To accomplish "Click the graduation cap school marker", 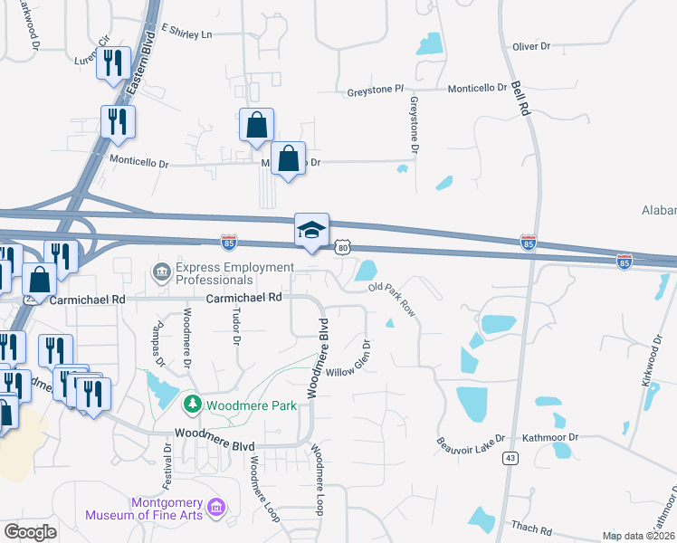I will pyautogui.click(x=310, y=230).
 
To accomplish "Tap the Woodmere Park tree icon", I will pyautogui.click(x=191, y=403).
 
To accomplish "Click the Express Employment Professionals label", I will pyautogui.click(x=235, y=273).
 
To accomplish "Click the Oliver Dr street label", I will pyautogui.click(x=531, y=46).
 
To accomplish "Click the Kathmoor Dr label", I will pyautogui.click(x=548, y=436).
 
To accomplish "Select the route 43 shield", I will pyautogui.click(x=511, y=459).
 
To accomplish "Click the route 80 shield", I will pyautogui.click(x=341, y=246).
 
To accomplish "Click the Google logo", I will pyautogui.click(x=30, y=532).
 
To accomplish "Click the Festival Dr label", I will pyautogui.click(x=168, y=463).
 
